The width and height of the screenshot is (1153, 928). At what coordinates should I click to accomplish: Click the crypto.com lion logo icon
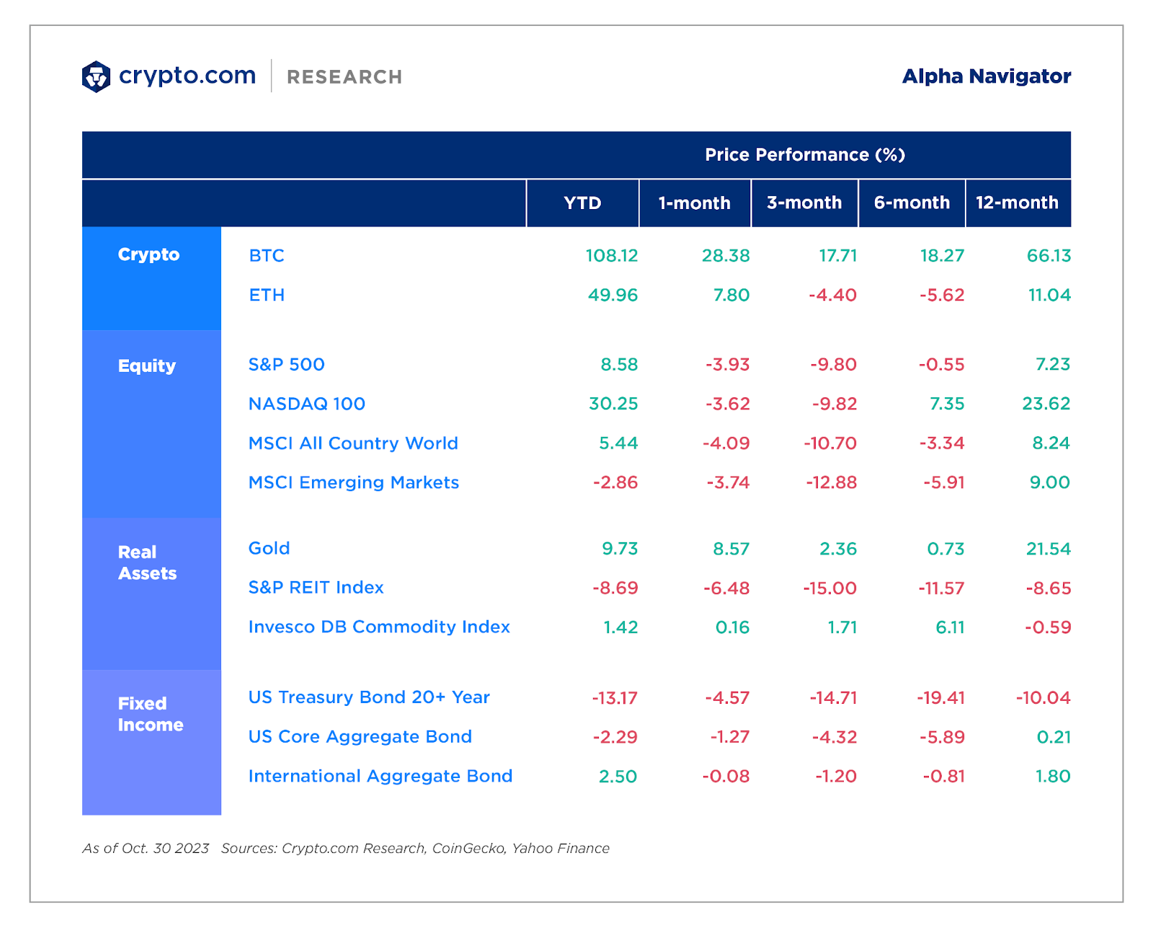[96, 76]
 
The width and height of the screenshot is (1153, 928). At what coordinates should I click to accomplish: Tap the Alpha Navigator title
[986, 76]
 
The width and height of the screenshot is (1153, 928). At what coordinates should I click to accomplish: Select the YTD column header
[582, 203]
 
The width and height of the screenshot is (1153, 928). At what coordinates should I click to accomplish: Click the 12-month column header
[1017, 203]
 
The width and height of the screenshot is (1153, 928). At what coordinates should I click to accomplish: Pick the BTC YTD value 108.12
[611, 256]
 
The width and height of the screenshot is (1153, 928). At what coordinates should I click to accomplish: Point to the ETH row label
[267, 295]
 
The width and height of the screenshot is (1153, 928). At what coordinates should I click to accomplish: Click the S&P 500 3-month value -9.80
[833, 365]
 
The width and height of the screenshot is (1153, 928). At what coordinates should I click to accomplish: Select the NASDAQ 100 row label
[307, 404]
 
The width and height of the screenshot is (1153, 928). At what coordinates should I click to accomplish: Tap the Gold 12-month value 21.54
[1048, 549]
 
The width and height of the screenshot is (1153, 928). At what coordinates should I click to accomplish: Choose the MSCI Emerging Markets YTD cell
[615, 482]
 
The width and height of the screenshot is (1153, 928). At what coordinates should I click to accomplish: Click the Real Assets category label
[147, 562]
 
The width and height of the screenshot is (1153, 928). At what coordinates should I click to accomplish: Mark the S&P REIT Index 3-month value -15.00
[829, 588]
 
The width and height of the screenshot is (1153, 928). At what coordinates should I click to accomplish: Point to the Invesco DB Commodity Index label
[379, 627]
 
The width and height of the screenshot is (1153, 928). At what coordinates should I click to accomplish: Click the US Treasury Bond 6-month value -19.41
[940, 698]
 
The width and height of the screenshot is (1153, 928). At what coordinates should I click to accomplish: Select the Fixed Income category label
[151, 714]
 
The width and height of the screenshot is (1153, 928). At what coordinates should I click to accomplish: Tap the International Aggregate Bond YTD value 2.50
[618, 777]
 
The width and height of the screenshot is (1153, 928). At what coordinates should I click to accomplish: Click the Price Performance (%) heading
[804, 155]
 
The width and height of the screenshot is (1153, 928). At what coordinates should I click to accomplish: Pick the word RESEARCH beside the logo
[344, 77]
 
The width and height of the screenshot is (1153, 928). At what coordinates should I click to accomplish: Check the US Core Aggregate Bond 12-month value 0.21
[1053, 737]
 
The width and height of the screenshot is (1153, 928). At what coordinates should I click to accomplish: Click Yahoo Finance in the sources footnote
[561, 849]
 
